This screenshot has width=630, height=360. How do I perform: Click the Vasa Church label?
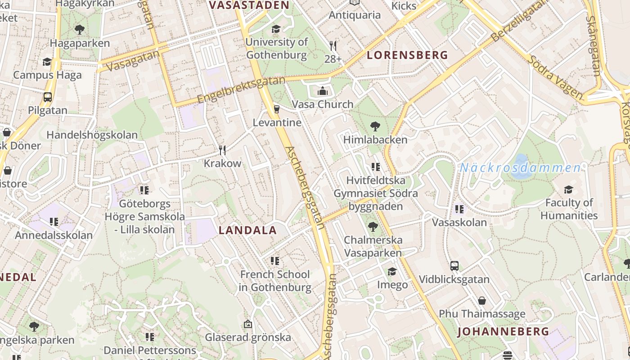click(x=323, y=104)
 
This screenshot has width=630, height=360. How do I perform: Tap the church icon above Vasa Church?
click(x=322, y=91)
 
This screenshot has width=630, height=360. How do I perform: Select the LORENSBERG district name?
click(x=407, y=55)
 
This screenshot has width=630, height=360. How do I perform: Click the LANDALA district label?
click(x=247, y=230)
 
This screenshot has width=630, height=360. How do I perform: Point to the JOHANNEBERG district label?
click(x=503, y=332)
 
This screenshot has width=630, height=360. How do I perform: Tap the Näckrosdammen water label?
click(x=520, y=168)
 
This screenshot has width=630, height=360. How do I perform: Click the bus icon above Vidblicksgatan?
click(x=454, y=266)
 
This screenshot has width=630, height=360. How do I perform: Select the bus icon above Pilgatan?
click(x=47, y=97)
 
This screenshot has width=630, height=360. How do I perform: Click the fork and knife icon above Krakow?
click(x=222, y=150)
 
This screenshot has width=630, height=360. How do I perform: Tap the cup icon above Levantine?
click(x=277, y=109)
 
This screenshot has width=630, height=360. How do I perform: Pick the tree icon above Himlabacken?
click(x=375, y=126)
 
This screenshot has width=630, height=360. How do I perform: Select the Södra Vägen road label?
click(x=556, y=77)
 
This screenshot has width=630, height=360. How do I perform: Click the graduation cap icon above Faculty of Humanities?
click(x=569, y=189)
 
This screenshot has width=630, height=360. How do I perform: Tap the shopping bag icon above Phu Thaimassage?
click(x=482, y=300)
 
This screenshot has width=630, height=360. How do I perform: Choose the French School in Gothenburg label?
click(x=275, y=281)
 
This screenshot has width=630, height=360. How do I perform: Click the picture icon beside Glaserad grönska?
click(x=247, y=324)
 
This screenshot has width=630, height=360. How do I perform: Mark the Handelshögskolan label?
click(x=92, y=135)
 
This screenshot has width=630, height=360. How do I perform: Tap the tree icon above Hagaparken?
click(x=80, y=30)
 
